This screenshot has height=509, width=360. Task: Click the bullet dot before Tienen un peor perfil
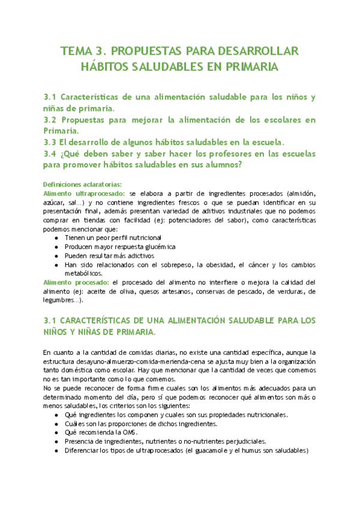click(x=56, y=237)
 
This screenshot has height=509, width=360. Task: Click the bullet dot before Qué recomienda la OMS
click(x=56, y=432)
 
